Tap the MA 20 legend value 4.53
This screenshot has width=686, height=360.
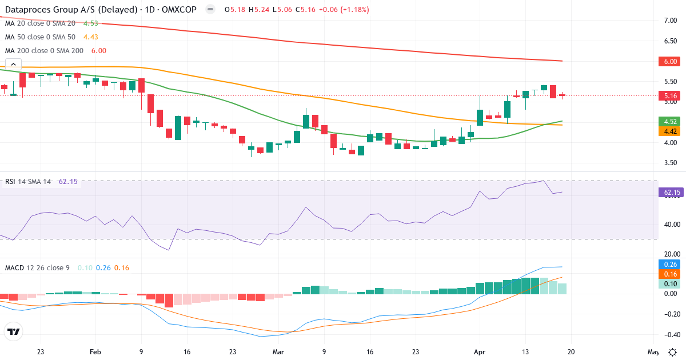[91, 23]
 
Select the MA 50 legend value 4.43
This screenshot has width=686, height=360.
[91, 37]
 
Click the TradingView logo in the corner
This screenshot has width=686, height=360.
[13, 331]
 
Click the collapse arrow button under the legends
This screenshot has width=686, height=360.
[13, 64]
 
